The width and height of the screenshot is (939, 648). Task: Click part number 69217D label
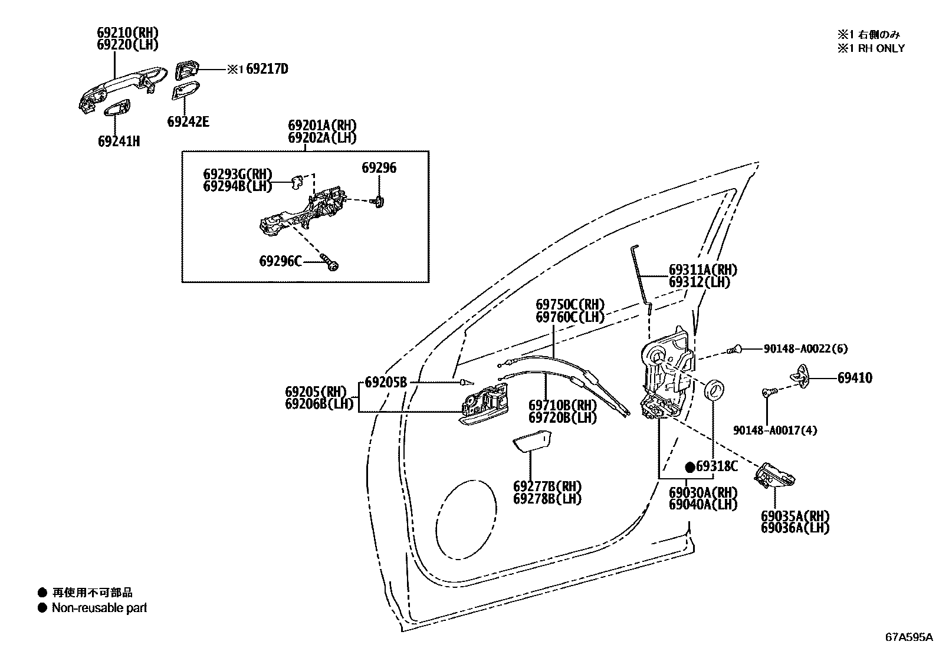click(x=267, y=69)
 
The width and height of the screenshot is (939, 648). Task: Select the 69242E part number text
click(x=188, y=122)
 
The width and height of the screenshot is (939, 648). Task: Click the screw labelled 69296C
click(x=330, y=262)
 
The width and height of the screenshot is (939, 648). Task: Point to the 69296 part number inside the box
click(x=379, y=168)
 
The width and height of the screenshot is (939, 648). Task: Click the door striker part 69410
click(x=803, y=377)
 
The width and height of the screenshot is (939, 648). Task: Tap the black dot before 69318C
click(x=689, y=467)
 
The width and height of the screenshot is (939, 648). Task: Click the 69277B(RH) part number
click(x=547, y=487)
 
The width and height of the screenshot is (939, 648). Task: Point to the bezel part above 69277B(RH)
click(x=531, y=442)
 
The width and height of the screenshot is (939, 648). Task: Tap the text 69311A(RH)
click(x=702, y=270)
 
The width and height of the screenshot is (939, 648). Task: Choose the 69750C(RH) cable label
click(x=570, y=305)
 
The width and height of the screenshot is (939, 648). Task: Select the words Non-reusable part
click(x=99, y=608)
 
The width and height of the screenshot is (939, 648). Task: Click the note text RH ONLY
click(x=881, y=48)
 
